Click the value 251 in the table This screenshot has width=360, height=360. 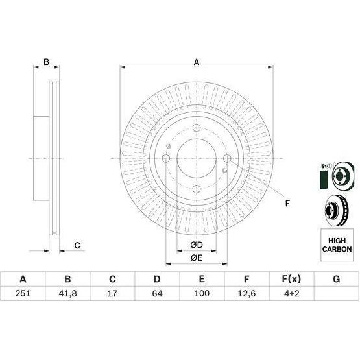click(x=23, y=293)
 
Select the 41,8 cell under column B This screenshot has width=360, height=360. click(x=67, y=293)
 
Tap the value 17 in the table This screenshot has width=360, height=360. click(x=112, y=293)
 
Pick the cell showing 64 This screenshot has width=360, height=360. click(x=157, y=293)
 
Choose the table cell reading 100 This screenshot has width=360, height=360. click(x=202, y=293)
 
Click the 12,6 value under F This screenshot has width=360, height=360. click(x=246, y=293)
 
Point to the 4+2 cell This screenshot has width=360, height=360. click(x=291, y=293)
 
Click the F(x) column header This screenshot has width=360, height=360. click(x=291, y=279)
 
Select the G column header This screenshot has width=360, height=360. click(x=337, y=279)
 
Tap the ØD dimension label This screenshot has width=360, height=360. click(x=197, y=245)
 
